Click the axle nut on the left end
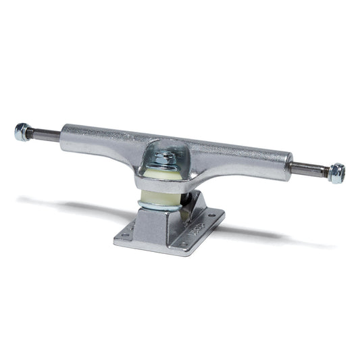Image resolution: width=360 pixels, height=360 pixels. click(x=22, y=132)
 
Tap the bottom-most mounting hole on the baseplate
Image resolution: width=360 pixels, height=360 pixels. click(x=184, y=245)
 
